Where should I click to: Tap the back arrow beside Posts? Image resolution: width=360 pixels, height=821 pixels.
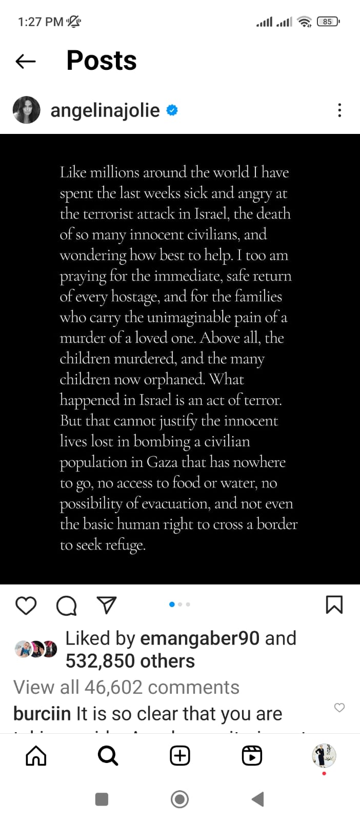[x=26, y=62]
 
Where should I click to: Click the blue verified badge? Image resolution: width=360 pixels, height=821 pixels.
[x=172, y=110]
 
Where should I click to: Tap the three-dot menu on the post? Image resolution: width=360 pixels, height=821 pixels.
[x=339, y=110]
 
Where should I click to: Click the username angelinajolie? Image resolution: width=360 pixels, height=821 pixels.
[x=105, y=110]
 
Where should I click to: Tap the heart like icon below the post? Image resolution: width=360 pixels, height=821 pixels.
[x=26, y=605]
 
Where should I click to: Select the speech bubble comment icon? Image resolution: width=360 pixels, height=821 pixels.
[x=66, y=605]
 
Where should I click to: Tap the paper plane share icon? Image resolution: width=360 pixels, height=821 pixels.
[x=107, y=605]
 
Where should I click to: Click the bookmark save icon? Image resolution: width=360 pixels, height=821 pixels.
[x=334, y=604]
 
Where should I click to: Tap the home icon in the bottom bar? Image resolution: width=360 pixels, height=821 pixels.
[x=36, y=755]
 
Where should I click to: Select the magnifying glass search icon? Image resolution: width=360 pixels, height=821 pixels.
[x=108, y=755]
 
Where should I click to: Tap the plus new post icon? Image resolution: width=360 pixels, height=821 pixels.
[x=180, y=755]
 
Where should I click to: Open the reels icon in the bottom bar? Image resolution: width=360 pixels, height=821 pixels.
[x=252, y=755]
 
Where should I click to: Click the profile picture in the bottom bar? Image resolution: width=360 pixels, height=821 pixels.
[x=324, y=755]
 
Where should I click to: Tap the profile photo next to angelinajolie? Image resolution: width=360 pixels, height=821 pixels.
[x=26, y=110]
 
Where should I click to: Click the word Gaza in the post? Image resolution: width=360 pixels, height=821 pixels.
[x=162, y=462]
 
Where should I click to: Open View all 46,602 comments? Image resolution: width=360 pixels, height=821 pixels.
[x=126, y=687]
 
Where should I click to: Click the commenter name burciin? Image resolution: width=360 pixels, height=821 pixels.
[x=42, y=714]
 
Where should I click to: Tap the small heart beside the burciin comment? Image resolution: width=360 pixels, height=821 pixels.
[x=339, y=708]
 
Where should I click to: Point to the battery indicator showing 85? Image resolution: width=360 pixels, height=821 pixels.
[x=328, y=22]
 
